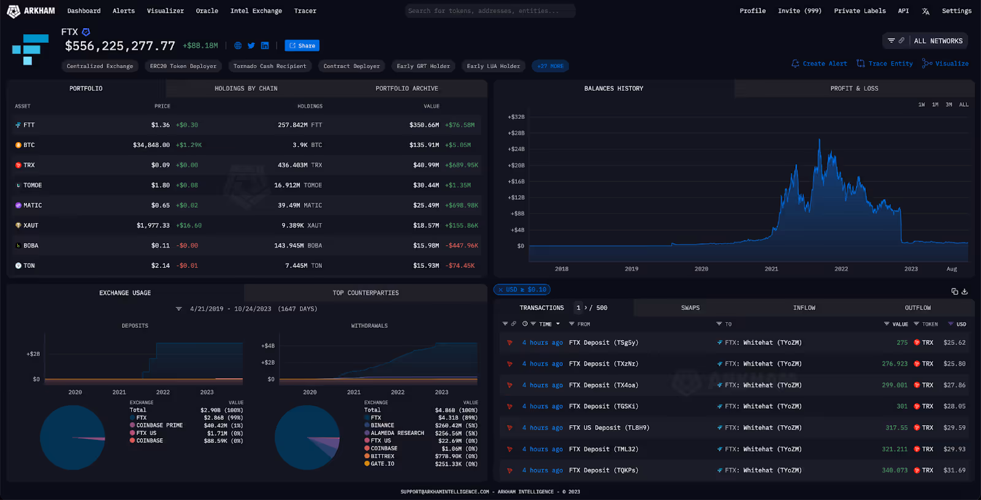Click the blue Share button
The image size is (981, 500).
(302, 46)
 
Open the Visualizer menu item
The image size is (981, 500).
(165, 11)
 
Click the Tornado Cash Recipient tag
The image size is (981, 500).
(270, 66)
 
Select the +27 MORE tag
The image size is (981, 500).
(550, 66)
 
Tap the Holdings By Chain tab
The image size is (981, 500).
(246, 89)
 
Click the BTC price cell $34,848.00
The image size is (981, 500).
(151, 145)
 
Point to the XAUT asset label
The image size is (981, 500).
(31, 225)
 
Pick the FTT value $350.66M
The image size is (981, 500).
(424, 125)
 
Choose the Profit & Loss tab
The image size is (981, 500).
(854, 89)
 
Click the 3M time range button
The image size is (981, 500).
(949, 105)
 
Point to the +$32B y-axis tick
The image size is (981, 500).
(516, 117)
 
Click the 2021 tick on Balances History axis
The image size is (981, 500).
(771, 269)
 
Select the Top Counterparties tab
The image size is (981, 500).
(365, 293)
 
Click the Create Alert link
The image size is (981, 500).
(820, 64)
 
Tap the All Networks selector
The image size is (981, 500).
(937, 41)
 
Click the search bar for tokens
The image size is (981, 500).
(490, 11)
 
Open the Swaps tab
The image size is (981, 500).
(690, 308)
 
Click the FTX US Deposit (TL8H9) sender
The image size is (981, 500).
(609, 428)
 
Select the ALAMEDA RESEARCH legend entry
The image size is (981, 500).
(397, 433)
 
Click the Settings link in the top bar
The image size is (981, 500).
(956, 11)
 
